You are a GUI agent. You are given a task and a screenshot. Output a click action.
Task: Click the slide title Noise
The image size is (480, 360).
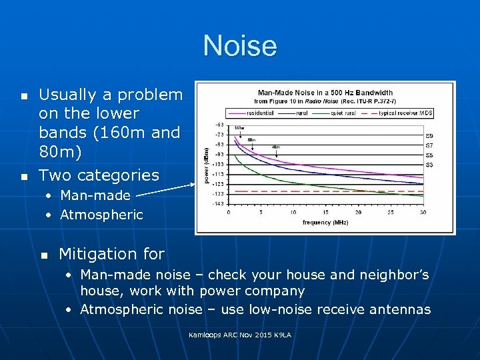click(240, 46)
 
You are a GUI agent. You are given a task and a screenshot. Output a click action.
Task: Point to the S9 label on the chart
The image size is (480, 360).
click(430, 135)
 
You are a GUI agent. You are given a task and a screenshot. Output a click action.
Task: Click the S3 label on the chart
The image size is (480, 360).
click(430, 164)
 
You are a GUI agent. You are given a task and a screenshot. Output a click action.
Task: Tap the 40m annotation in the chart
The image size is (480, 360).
click(275, 147)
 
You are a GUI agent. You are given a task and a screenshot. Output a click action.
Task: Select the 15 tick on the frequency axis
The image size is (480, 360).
click(326, 213)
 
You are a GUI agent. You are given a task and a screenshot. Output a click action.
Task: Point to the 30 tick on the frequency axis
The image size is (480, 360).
click(423, 213)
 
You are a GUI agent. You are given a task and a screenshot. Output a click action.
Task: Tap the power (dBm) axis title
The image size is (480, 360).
click(206, 164)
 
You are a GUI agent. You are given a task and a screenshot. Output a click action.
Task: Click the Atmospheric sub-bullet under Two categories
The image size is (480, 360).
click(101, 215)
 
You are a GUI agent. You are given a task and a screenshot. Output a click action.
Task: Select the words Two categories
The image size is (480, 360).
click(99, 175)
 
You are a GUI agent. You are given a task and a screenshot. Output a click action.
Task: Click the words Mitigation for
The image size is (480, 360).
click(111, 254)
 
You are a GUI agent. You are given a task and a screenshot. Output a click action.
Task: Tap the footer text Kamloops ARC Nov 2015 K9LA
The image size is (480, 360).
click(240, 334)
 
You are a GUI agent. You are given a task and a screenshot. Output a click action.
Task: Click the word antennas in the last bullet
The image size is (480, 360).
click(402, 309)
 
